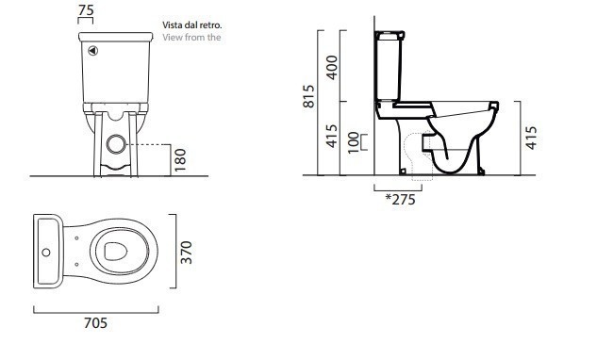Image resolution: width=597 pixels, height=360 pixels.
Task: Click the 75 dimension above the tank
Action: coord(86,10)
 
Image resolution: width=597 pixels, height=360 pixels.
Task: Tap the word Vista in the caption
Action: coord(172,25)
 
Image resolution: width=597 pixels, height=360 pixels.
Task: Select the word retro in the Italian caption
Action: coord(212,25)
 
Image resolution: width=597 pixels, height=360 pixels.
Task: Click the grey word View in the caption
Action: coord(172,38)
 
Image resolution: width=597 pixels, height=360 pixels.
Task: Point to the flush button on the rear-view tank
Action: coord(93,51)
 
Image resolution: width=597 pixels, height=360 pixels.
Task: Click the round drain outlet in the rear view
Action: coord(116,144)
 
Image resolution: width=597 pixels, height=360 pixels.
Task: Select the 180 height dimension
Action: coord(180,160)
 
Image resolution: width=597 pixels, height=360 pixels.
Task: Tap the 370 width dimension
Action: coord(186,253)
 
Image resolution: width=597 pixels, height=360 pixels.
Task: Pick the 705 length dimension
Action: coord(95,323)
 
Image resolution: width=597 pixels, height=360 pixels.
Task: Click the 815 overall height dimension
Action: coord(308,96)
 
